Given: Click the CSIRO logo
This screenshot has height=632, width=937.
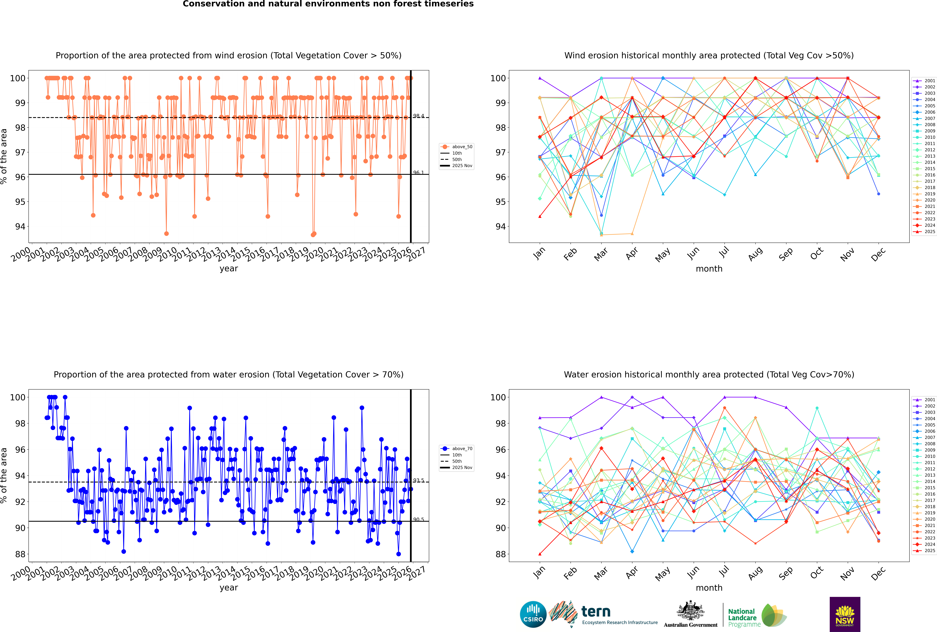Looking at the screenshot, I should tap(533, 614).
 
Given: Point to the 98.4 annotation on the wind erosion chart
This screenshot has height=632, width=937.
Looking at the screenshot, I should tap(419, 116).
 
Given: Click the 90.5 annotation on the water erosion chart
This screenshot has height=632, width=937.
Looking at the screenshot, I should tap(419, 520).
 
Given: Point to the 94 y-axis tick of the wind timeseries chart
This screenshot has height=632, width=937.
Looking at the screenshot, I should tap(20, 226).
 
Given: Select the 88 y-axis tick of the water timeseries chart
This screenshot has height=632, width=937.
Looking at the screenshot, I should tap(20, 554).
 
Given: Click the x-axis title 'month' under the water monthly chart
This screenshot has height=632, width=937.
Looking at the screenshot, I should tap(709, 588).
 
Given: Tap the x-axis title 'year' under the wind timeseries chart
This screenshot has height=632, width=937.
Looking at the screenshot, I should tap(228, 268).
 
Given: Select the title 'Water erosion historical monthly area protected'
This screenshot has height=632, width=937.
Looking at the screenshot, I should tap(709, 374).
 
